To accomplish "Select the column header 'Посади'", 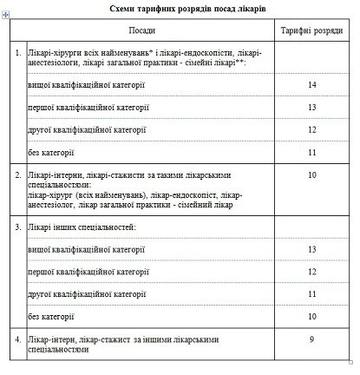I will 141,30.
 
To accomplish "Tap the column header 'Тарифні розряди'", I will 311,30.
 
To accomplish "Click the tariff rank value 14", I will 311,85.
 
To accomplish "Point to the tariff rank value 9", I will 311,339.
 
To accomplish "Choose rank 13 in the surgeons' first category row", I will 311,108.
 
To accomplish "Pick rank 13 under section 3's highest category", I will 311,249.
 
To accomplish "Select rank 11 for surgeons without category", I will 311,153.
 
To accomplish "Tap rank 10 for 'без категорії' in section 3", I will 311,316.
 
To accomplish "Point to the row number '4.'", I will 17,339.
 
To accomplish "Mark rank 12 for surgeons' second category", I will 311,130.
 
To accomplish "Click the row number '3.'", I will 17,227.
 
